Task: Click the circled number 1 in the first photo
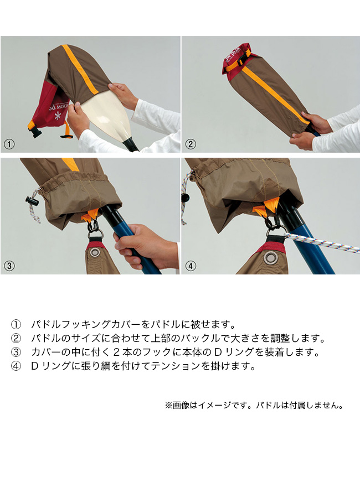pos(9,144)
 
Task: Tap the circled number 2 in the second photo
pos(190,144)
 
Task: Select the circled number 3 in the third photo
pos(9,266)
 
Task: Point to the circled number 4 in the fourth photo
pos(190,266)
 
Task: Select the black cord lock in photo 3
pos(30,201)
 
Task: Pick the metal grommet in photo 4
pos(271,258)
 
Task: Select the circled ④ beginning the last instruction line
pos(16,366)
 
